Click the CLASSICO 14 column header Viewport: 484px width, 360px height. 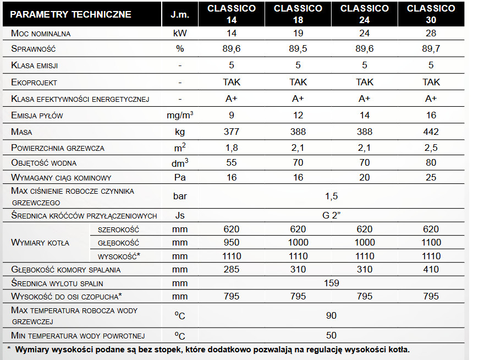(232, 14)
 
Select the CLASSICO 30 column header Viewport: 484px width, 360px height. (431, 14)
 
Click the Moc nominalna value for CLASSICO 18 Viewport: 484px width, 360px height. (298, 33)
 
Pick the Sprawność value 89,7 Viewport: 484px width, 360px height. (431, 49)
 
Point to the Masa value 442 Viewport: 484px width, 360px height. (431, 132)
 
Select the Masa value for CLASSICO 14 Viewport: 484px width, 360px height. (232, 132)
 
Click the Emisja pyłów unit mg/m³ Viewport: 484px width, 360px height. (180, 115)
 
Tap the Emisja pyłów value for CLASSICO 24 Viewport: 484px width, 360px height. (365, 115)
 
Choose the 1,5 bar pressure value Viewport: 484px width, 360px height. (331, 196)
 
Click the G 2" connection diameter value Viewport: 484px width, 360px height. (331, 215)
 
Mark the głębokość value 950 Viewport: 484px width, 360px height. (232, 243)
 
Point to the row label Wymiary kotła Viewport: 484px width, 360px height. (40, 243)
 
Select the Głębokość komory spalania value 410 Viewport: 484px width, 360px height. (431, 269)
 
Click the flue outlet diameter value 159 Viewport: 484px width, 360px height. (331, 283)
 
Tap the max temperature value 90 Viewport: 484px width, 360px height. (331, 315)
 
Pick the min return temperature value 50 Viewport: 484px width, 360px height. (331, 335)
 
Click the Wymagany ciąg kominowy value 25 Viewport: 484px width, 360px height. (431, 178)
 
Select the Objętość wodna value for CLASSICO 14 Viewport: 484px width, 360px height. (232, 163)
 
